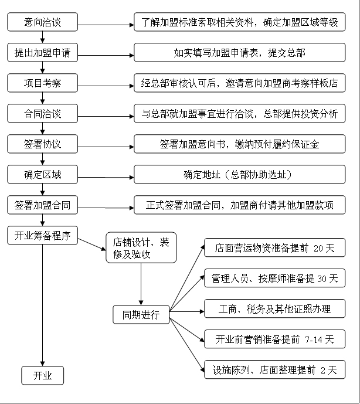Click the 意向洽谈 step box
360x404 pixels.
pos(42,23)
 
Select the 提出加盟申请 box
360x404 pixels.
pos(42,53)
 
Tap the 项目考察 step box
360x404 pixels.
pos(42,83)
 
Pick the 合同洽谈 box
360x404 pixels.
pos(42,114)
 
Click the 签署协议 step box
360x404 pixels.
pos(42,144)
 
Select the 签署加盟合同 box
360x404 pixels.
pos(42,205)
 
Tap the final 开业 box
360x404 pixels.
pos(42,376)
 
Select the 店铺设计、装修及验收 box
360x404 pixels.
pos(141,248)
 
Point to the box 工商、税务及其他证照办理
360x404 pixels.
pos(274,308)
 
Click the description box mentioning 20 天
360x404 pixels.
pos(274,248)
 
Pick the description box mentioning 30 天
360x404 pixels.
pos(274,279)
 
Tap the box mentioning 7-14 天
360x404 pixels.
pos(274,339)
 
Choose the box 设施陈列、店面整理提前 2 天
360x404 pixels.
pos(274,369)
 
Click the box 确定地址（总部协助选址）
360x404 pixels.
pos(240,175)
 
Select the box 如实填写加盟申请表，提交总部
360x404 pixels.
pos(240,53)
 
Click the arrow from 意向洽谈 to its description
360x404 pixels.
pos(106,25)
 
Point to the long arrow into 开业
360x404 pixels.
pos(42,305)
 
